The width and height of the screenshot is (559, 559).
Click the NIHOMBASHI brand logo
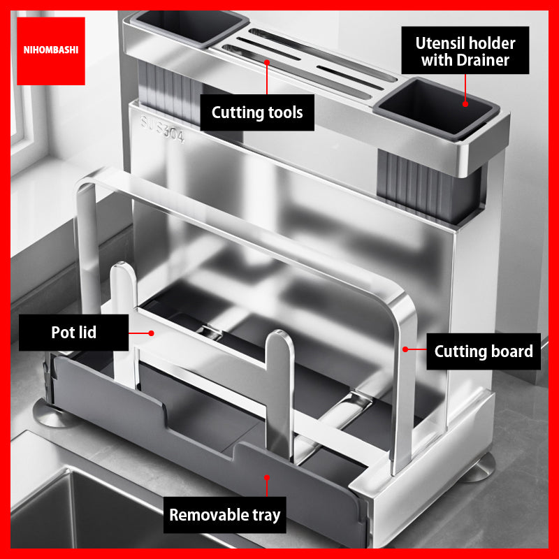[x=51, y=50]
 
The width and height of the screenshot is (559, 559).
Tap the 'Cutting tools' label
[x=257, y=112]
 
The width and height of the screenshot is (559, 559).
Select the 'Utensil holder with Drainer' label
[x=465, y=50]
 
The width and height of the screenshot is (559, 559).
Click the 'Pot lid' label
[x=74, y=333]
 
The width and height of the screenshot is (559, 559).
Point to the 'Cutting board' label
[x=484, y=351]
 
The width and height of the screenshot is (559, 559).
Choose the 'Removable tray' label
[x=225, y=515]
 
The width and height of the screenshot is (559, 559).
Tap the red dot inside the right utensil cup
[x=465, y=104]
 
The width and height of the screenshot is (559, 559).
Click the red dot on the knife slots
[x=267, y=62]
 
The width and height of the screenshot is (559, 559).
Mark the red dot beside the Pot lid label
[x=151, y=333]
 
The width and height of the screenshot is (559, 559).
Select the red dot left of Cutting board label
[x=405, y=349]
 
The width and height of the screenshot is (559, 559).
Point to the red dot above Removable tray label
[x=267, y=478]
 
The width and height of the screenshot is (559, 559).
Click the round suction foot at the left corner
[x=52, y=414]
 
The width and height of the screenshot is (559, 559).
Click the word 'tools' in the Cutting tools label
[x=285, y=112]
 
